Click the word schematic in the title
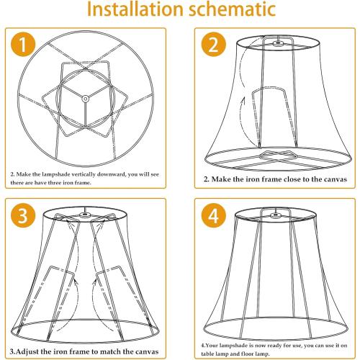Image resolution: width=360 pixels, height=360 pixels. (239, 12)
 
